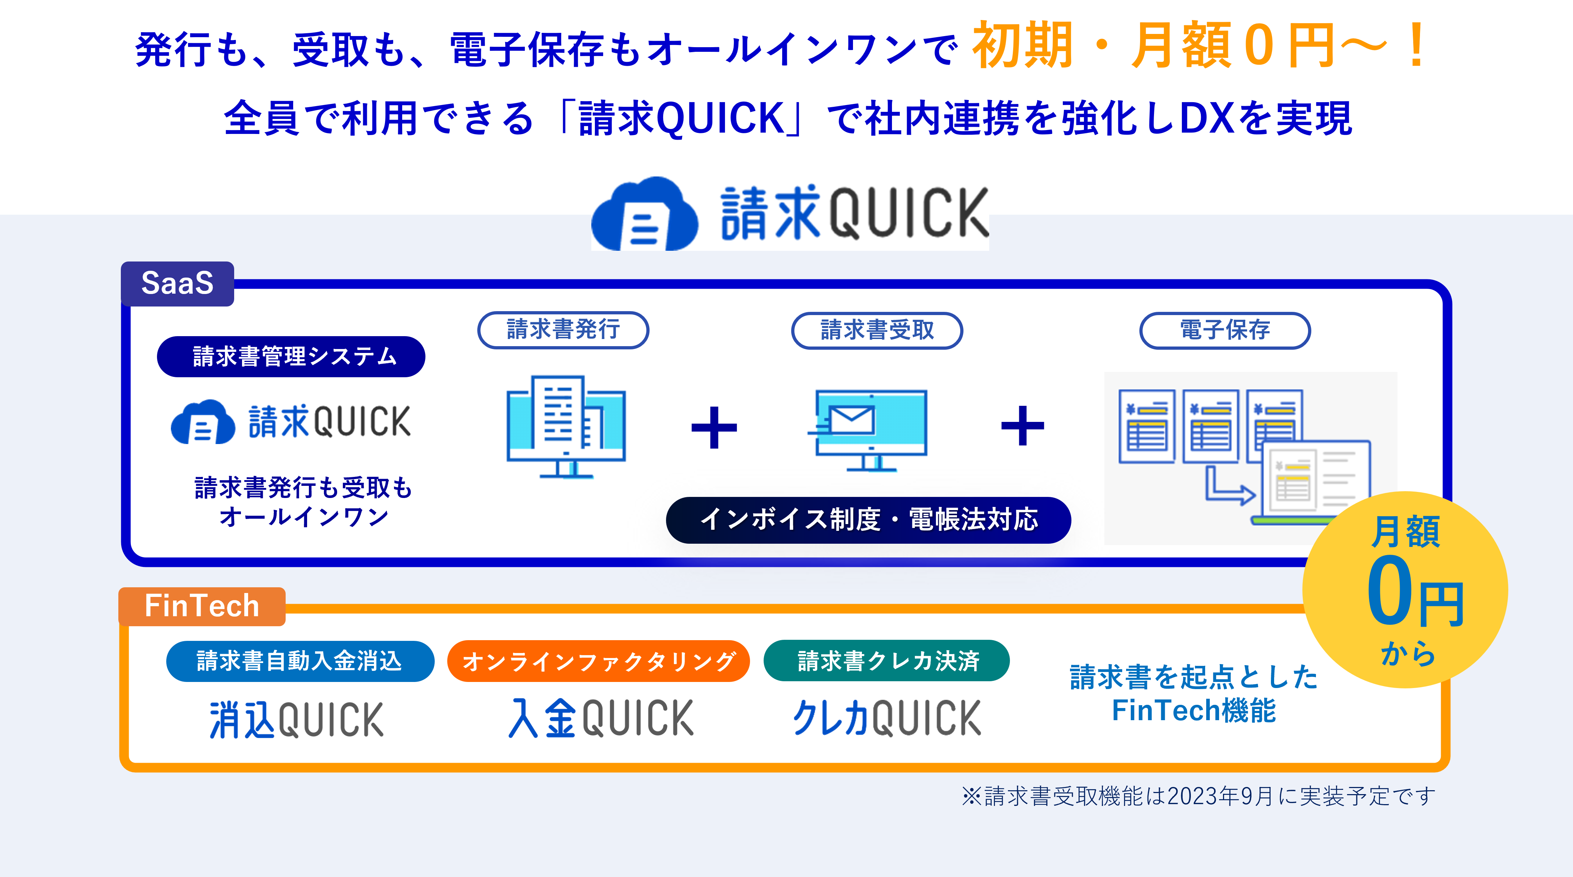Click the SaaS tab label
[177, 284]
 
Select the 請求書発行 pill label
[563, 330]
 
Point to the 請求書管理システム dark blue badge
[291, 357]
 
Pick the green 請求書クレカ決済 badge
[887, 661]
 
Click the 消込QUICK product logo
[297, 719]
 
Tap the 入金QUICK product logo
[601, 718]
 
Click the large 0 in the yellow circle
[1389, 591]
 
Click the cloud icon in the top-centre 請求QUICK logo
[645, 215]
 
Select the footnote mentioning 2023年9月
[1199, 796]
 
